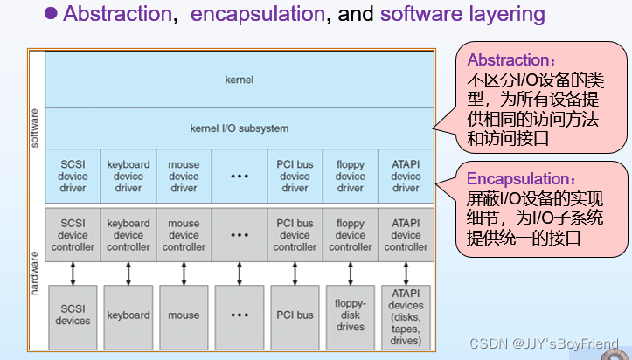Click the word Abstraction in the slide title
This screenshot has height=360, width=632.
pos(115,15)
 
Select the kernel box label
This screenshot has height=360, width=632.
pos(239,80)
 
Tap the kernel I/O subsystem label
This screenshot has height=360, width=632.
pos(239,128)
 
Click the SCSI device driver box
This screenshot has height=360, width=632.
pos(73,176)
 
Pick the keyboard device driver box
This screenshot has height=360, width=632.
pos(128,176)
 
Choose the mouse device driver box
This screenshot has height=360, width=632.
pos(184,176)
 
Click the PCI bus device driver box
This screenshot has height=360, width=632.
pos(295,176)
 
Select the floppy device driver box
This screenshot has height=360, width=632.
pos(350,176)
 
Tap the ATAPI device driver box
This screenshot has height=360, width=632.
pos(406,176)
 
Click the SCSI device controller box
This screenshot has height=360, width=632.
pos(73,235)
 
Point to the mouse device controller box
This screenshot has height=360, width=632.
pos(184,235)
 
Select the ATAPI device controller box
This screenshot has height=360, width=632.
pos(406,235)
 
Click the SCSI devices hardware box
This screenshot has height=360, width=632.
pos(73,315)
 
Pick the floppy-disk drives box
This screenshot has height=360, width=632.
pos(350,315)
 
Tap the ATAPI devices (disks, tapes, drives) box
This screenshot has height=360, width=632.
pos(406,315)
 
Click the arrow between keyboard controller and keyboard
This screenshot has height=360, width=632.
pos(128,273)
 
